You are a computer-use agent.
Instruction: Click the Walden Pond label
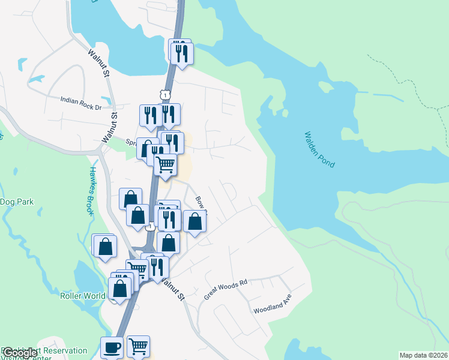coord(319,149)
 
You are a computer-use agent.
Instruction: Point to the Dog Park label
coord(17,202)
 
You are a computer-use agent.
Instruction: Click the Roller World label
coord(83,296)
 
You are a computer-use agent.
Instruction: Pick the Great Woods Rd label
coord(226,287)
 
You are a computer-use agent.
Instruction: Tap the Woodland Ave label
coord(272,310)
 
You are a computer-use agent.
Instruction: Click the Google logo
coord(20,353)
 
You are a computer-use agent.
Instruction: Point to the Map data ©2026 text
coord(423,355)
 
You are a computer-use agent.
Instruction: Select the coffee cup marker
coord(112,347)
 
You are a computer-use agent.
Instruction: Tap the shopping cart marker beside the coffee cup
coord(138,345)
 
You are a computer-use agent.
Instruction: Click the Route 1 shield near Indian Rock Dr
coord(164,94)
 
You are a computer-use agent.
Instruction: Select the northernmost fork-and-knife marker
coord(181,53)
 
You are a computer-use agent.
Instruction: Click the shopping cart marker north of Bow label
coord(165,163)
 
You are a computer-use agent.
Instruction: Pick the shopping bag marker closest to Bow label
coord(194,221)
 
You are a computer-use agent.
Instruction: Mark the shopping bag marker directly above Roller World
coord(121,287)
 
